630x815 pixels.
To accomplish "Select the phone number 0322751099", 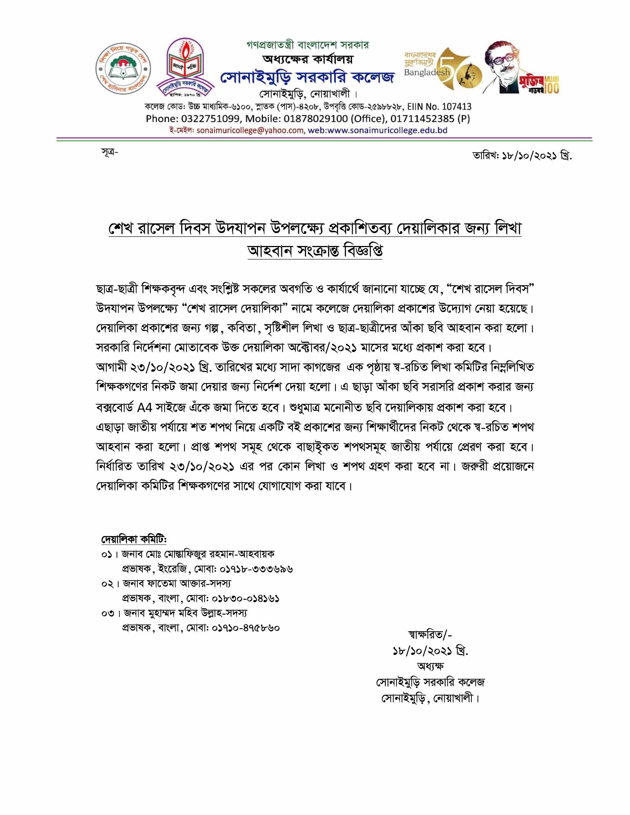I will point(211,119).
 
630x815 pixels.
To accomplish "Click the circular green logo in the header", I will point(123,69).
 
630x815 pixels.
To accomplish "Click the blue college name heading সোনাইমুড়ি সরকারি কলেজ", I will point(307,77).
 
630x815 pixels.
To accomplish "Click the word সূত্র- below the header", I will point(109,152).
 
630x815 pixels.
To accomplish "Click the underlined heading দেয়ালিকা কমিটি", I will point(134,540).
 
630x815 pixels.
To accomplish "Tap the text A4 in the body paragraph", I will point(145,408).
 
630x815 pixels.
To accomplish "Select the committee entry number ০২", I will point(107,583).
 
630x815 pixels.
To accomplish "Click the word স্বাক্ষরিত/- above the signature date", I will point(430,634).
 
